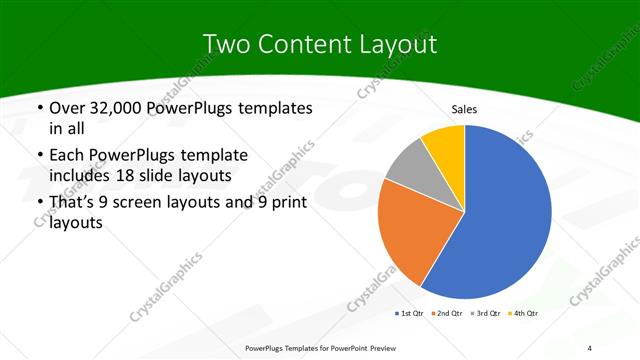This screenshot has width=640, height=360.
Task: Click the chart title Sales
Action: (465, 109)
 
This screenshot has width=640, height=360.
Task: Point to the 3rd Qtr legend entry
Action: (485, 314)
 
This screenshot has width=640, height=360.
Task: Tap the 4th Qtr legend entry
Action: (522, 314)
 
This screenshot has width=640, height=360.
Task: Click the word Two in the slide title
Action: (225, 45)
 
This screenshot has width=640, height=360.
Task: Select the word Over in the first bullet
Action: (67, 108)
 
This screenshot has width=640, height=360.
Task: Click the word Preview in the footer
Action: (378, 347)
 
